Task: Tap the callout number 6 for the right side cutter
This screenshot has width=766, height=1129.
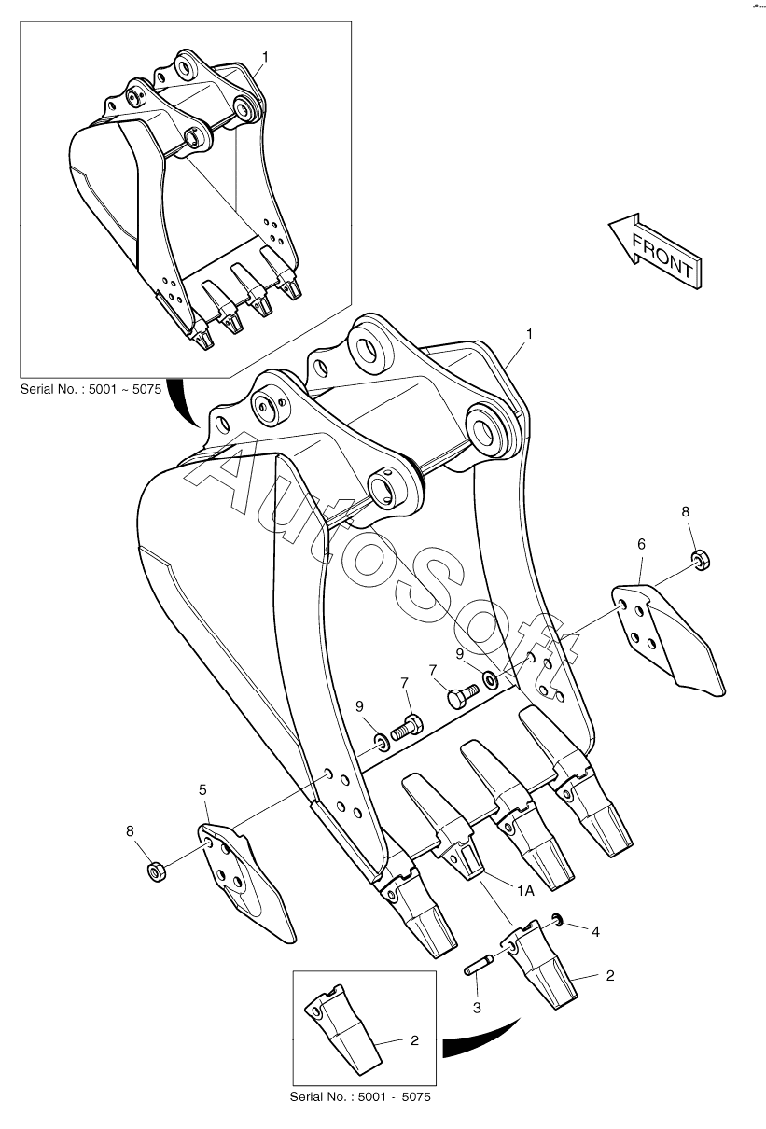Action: coord(641,544)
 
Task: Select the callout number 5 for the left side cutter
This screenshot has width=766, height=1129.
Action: coord(202,790)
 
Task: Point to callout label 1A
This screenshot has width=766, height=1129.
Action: coord(524,890)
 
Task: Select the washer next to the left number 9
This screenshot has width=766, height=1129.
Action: coord(381,742)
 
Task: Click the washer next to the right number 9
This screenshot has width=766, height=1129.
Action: coord(490,678)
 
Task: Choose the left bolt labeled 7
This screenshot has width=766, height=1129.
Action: coord(408,725)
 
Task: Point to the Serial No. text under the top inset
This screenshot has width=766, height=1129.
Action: coord(91,389)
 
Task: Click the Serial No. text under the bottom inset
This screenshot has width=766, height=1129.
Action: coord(361,1096)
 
